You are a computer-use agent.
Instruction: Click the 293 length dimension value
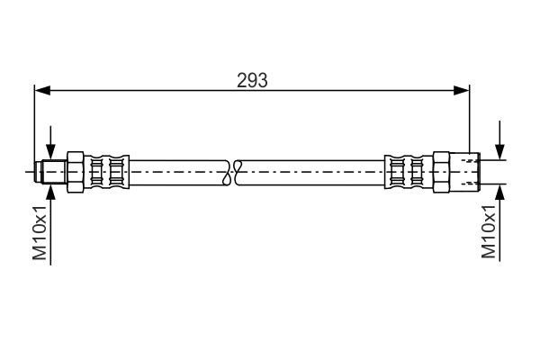[x=252, y=80]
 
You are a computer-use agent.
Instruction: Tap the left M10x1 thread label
[x=40, y=231]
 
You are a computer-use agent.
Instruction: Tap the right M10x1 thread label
[x=489, y=231]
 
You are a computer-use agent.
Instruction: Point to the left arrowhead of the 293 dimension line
[x=40, y=90]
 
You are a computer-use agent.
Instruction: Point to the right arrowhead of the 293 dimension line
[x=463, y=90]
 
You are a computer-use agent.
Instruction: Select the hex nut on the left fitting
[x=76, y=170]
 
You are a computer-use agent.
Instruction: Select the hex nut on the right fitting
[x=442, y=170]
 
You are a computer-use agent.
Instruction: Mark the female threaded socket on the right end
[x=467, y=170]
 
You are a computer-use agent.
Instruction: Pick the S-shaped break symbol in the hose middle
[x=236, y=170]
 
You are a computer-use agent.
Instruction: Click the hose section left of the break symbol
[x=180, y=170]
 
